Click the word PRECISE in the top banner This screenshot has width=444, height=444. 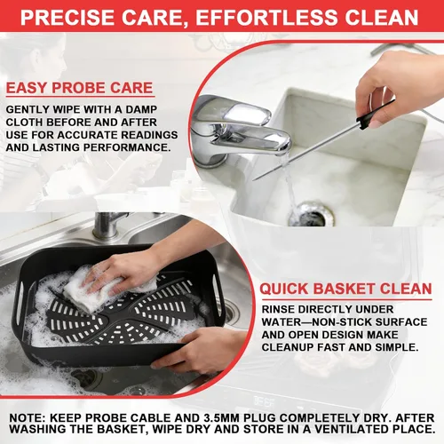(67, 18)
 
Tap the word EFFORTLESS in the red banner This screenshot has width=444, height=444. (266, 18)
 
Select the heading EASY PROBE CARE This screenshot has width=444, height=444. (80, 88)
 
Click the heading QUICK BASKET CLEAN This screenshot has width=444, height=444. (345, 289)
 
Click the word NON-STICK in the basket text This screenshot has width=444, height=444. (344, 322)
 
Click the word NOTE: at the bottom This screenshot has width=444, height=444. (27, 418)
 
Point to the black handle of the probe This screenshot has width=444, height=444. (376, 114)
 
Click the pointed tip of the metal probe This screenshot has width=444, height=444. (255, 179)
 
